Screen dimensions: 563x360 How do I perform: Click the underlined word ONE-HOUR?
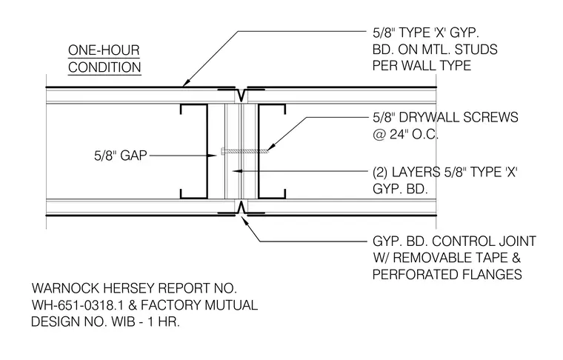coord(104,50)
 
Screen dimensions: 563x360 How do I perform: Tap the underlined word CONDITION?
coord(104,67)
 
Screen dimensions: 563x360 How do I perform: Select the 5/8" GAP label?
coord(121,156)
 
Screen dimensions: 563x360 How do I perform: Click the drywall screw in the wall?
coord(245,151)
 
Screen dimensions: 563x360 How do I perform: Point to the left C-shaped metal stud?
coord(207,151)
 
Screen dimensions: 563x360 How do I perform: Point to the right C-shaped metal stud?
coord(259,151)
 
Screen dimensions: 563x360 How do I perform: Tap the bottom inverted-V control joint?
coord(241,207)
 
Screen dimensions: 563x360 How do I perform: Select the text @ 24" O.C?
coord(405,134)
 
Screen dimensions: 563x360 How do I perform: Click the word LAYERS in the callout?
coord(416,173)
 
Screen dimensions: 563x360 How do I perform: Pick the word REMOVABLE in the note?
coord(450,258)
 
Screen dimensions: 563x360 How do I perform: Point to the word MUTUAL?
coord(231,305)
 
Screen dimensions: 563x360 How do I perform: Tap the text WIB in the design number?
coord(123,321)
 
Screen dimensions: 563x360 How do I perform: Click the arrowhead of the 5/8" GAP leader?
coord(213,156)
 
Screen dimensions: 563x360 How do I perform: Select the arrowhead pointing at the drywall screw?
coord(271,147)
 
